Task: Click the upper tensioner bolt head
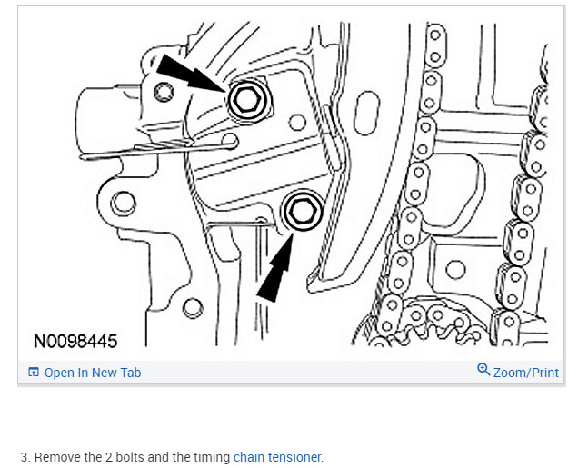point(248,99)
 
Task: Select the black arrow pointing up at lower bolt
point(277,267)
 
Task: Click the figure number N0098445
point(75,342)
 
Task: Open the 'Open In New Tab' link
point(93,373)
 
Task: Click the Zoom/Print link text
point(526,373)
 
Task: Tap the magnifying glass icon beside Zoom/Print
point(483,369)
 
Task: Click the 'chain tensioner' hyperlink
point(277,457)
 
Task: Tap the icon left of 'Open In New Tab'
point(34,373)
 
